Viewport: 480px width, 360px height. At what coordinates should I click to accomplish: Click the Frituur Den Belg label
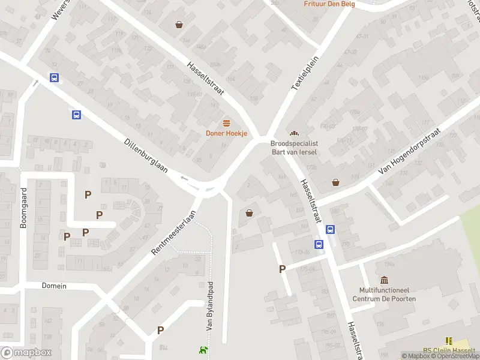click(329, 4)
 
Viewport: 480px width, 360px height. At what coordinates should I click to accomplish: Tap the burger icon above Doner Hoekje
click(226, 123)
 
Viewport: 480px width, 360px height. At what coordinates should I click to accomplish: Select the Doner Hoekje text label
click(226, 133)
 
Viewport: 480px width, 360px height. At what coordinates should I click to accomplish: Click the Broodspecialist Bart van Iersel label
click(294, 148)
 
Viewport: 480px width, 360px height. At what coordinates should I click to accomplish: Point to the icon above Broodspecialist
click(294, 133)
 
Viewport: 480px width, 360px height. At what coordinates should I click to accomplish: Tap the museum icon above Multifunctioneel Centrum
click(384, 280)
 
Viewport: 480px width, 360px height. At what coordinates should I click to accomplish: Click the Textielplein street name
click(304, 74)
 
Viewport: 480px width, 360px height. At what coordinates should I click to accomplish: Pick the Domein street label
click(54, 286)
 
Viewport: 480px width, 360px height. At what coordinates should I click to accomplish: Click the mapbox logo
click(26, 353)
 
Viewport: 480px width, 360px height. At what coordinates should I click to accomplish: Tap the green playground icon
click(204, 350)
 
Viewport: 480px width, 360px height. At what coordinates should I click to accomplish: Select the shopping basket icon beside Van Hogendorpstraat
click(335, 182)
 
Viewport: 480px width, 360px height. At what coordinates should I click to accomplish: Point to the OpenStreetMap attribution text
click(455, 356)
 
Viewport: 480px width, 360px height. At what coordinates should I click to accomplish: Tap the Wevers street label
click(61, 9)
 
